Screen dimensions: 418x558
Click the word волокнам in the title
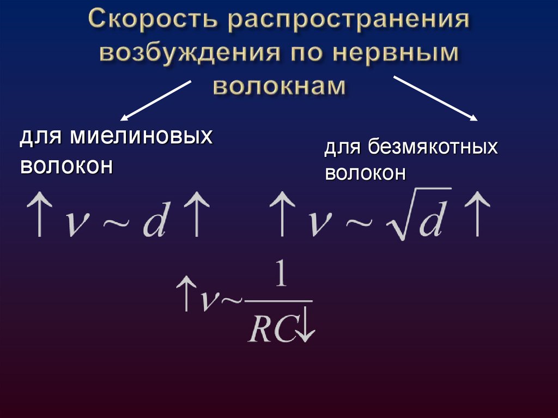pos(278,86)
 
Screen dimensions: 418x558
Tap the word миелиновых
pos(141,137)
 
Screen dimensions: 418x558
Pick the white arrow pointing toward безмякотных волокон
pos(436,99)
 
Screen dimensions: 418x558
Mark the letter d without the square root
pos(154,220)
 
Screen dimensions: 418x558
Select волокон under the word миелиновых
pos(66,165)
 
